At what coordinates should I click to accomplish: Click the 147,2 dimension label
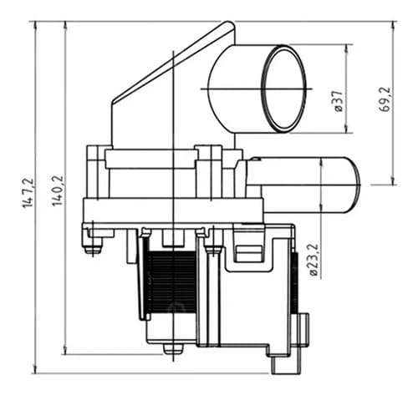pyautogui.click(x=28, y=193)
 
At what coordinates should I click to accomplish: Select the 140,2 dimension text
pyautogui.click(x=58, y=190)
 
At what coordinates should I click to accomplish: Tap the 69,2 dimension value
pyautogui.click(x=385, y=99)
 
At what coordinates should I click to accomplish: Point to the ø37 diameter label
pyautogui.click(x=337, y=102)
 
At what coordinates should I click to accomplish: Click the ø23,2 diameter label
pyautogui.click(x=313, y=260)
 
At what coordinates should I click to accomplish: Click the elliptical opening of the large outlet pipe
pyautogui.click(x=283, y=89)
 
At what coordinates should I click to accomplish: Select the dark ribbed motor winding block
pyautogui.click(x=171, y=281)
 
